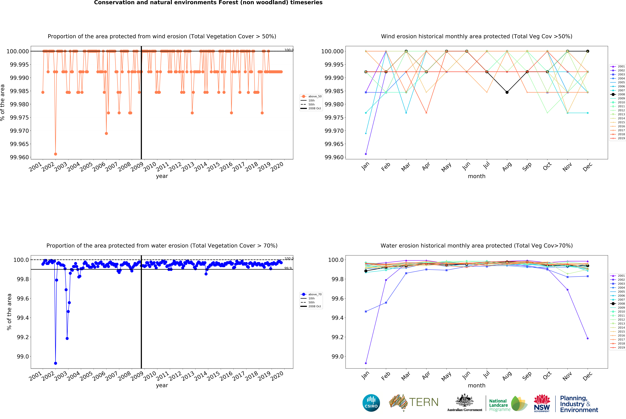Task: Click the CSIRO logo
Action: point(371,403)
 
